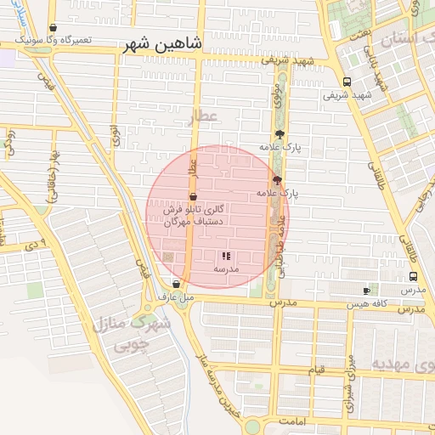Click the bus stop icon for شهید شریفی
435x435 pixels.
click(x=346, y=82)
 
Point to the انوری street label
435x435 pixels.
click(x=115, y=134)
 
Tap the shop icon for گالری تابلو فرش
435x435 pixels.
click(x=194, y=196)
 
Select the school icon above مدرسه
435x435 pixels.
click(x=226, y=256)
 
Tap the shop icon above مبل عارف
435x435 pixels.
click(x=176, y=285)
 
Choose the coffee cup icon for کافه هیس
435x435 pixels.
click(x=366, y=291)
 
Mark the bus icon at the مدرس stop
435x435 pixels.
click(x=413, y=277)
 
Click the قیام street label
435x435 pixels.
click(x=316, y=370)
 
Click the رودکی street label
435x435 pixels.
click(x=10, y=141)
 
